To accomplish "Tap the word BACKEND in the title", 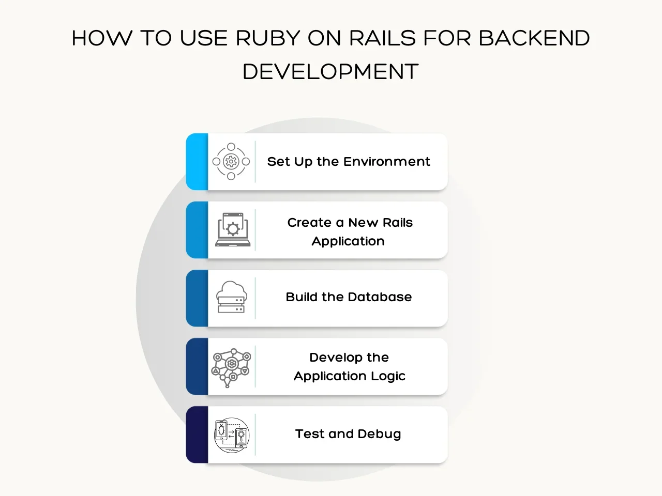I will click(x=534, y=38).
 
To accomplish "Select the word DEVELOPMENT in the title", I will click(x=330, y=71).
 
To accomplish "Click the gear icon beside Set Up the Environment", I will click(x=231, y=162).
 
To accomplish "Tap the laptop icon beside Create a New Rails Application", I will click(x=233, y=229).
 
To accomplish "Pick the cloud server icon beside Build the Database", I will click(x=231, y=297).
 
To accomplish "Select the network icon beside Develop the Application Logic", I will click(x=231, y=367).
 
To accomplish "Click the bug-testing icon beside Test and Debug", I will click(x=232, y=435).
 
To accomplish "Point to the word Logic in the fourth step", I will click(x=390, y=376).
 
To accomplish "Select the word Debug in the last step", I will click(x=379, y=434).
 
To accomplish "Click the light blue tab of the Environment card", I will click(x=197, y=162).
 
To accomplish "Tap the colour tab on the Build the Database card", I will click(x=197, y=298).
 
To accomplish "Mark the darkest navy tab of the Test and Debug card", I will click(x=197, y=435).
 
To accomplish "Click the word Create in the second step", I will click(x=309, y=223).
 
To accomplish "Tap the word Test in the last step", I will click(x=310, y=434).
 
